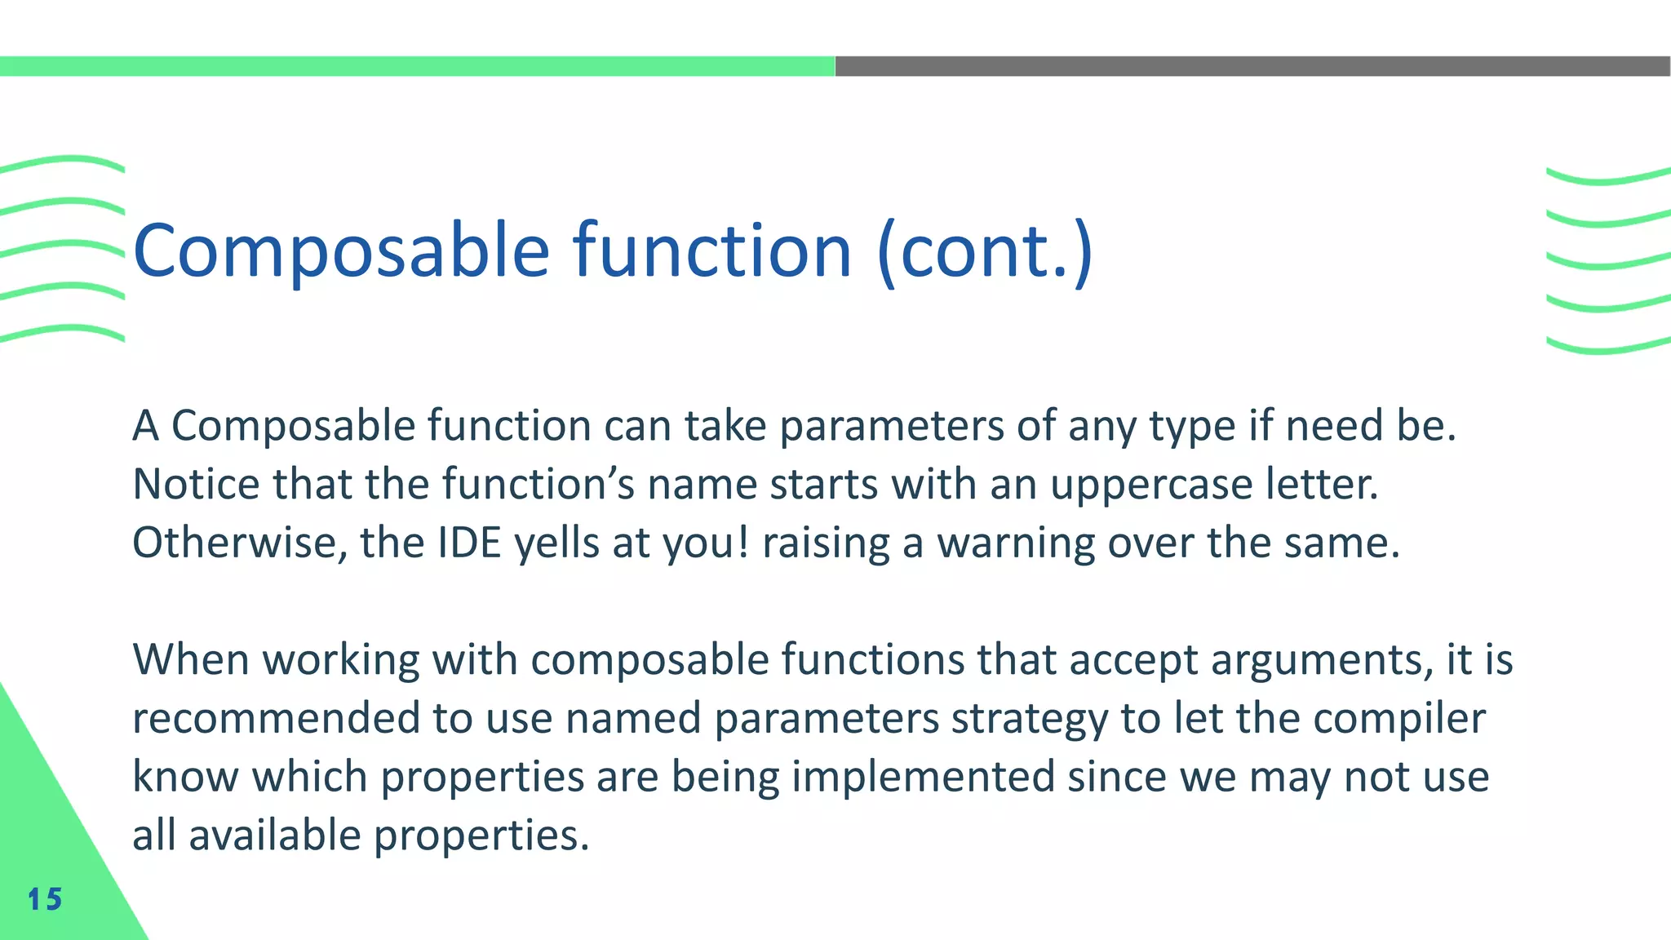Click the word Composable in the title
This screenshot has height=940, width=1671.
click(341, 251)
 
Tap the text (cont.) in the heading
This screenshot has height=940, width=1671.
click(985, 251)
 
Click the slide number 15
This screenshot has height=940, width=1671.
click(45, 899)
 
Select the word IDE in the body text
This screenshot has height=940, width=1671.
click(469, 543)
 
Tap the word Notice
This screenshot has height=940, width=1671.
click(196, 485)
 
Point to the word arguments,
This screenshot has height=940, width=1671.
click(1322, 660)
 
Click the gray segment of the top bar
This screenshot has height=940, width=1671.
click(1252, 66)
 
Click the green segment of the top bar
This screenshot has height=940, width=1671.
click(416, 66)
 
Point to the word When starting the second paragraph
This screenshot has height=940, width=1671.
click(190, 660)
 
